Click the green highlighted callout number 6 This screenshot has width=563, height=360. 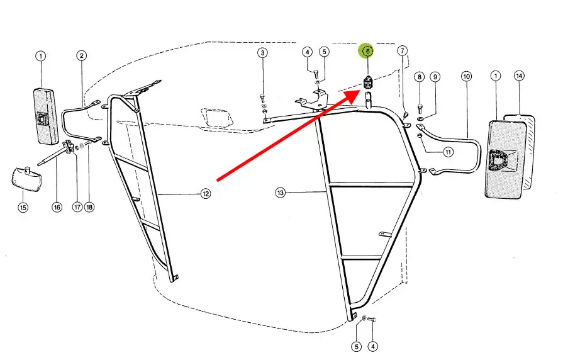(x=367, y=51)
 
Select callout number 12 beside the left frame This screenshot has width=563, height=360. (x=205, y=194)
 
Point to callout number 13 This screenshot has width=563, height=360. (x=281, y=193)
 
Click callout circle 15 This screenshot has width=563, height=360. (x=23, y=207)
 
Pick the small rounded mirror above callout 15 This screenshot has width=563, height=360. (x=26, y=179)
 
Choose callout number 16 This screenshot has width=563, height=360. (x=57, y=207)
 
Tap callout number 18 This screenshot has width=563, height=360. (x=89, y=207)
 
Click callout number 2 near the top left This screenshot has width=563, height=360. (x=82, y=55)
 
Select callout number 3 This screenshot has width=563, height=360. (x=262, y=53)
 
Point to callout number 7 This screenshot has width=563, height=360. (x=402, y=50)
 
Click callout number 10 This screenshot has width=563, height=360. (x=466, y=76)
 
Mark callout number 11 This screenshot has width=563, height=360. (x=448, y=152)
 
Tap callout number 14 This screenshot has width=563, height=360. (x=519, y=76)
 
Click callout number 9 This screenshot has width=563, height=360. (x=435, y=77)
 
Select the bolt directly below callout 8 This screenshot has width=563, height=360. (x=420, y=108)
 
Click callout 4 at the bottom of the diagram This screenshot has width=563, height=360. (x=372, y=346)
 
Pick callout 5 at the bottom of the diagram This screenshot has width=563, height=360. (x=356, y=346)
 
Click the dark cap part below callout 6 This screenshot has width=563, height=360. (x=368, y=82)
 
